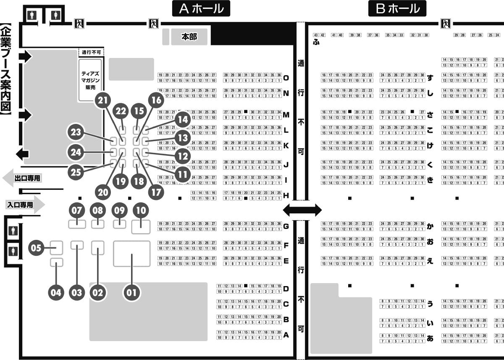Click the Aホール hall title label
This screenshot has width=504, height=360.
pyautogui.click(x=202, y=8)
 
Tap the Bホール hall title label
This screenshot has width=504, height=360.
pyautogui.click(x=397, y=8)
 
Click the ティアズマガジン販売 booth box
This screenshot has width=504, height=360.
pyautogui.click(x=90, y=80)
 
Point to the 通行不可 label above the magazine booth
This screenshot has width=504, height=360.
pyautogui.click(x=91, y=53)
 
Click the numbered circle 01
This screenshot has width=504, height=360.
pyautogui.click(x=131, y=292)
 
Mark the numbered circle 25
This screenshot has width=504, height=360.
pyautogui.click(x=76, y=172)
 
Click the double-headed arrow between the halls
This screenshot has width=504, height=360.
pyautogui.click(x=302, y=209)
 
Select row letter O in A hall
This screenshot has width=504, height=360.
pyautogui.click(x=286, y=78)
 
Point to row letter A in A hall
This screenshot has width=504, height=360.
pyautogui.click(x=286, y=335)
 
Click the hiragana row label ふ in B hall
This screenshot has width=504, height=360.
pyautogui.click(x=316, y=42)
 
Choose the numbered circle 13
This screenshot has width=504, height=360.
pyautogui.click(x=182, y=137)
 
